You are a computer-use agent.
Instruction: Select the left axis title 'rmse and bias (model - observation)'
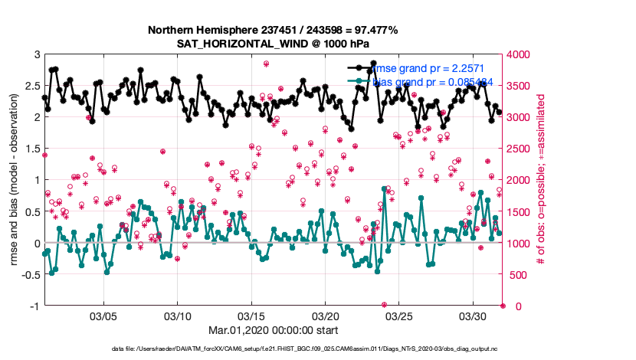pos(15,180)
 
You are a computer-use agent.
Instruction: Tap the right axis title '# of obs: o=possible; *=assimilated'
pos(541,180)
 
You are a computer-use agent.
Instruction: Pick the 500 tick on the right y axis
pos(516,274)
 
